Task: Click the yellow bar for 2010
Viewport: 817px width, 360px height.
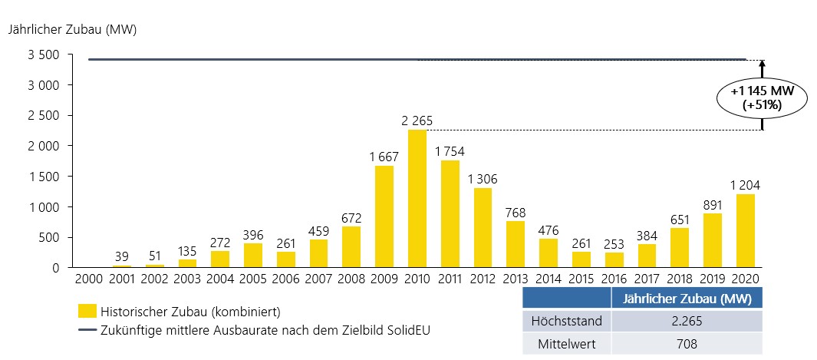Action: pyautogui.click(x=417, y=199)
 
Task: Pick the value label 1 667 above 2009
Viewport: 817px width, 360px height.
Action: pyautogui.click(x=384, y=157)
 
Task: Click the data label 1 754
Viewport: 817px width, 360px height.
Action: pyautogui.click(x=450, y=151)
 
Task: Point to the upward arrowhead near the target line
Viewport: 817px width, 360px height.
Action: pyautogui.click(x=762, y=65)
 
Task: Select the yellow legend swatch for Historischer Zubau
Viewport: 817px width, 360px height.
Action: pyautogui.click(x=87, y=311)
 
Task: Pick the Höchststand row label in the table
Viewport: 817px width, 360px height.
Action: pyautogui.click(x=567, y=322)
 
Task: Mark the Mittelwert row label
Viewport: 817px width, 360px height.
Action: pyautogui.click(x=567, y=344)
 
